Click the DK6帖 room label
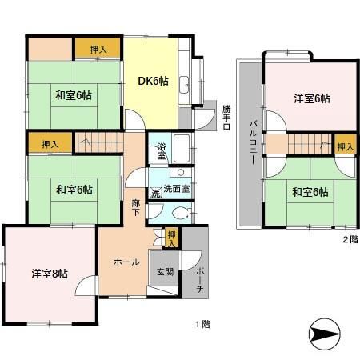pos(152,81)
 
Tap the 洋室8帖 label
pos(50,273)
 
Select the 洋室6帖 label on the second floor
pos(312,99)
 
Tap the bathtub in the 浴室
pos(180,149)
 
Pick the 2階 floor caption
pos(350,239)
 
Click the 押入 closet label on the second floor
pos(344,147)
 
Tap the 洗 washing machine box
pos(156,193)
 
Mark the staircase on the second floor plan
pos(308,146)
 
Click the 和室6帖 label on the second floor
pos(310,192)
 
